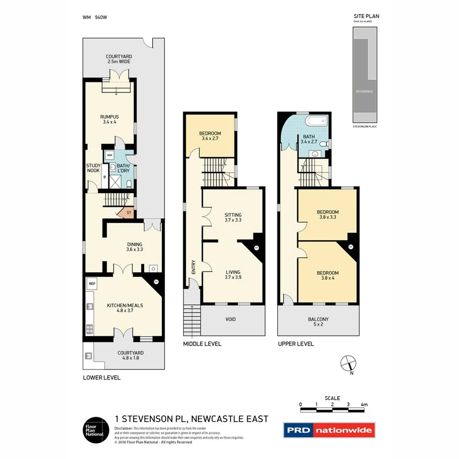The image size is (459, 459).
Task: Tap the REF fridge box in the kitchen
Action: (92, 284)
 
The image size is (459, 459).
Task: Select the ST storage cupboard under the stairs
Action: (129, 213)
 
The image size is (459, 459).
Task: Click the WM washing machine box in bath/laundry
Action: (109, 155)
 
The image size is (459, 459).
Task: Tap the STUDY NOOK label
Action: (93, 168)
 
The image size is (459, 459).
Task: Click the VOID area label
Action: (230, 320)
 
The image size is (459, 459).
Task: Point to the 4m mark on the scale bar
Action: (364, 404)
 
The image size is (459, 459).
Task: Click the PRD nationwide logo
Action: (329, 430)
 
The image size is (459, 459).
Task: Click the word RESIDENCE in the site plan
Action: (364, 92)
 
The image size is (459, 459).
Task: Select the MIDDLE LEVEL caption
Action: (202, 344)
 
